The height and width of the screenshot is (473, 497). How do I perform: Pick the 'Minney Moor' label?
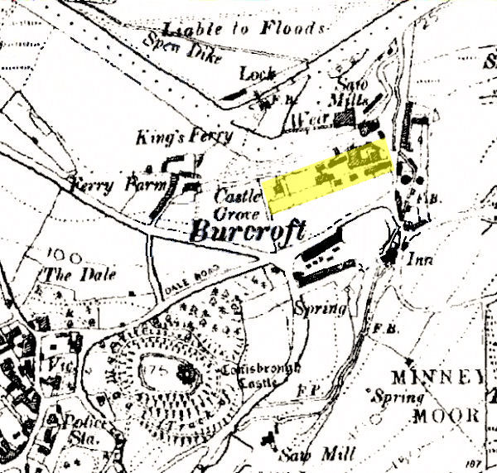point(446,394)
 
